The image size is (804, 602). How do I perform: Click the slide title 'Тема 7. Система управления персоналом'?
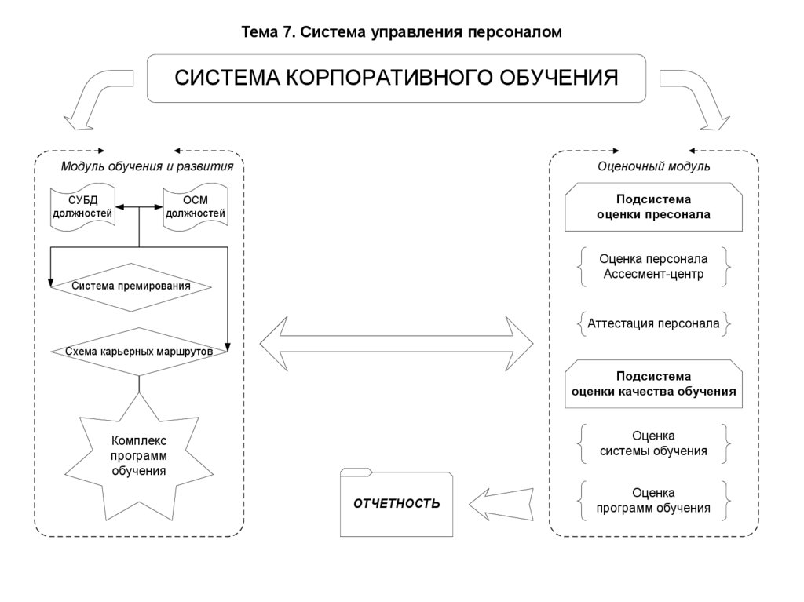click(401, 32)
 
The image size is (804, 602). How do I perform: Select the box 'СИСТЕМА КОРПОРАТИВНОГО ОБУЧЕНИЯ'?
click(397, 78)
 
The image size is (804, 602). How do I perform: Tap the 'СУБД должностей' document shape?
click(82, 207)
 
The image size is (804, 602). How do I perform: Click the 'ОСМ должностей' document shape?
click(195, 207)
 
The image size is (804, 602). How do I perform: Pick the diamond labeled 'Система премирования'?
click(131, 286)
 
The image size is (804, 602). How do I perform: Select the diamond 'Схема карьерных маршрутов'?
click(139, 352)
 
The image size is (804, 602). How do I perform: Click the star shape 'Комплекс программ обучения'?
click(139, 457)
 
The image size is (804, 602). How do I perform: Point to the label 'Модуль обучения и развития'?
click(147, 166)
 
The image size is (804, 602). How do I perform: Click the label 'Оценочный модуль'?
click(653, 166)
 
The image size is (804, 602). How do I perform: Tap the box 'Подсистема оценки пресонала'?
click(653, 207)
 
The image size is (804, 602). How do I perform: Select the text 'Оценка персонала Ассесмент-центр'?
click(653, 267)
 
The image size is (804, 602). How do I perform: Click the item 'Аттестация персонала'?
click(653, 323)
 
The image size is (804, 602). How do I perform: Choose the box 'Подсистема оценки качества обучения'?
click(653, 384)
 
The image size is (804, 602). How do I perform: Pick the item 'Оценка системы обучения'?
click(653, 443)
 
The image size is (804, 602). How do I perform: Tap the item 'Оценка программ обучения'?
click(653, 501)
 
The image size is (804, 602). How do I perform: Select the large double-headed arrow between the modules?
click(397, 344)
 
